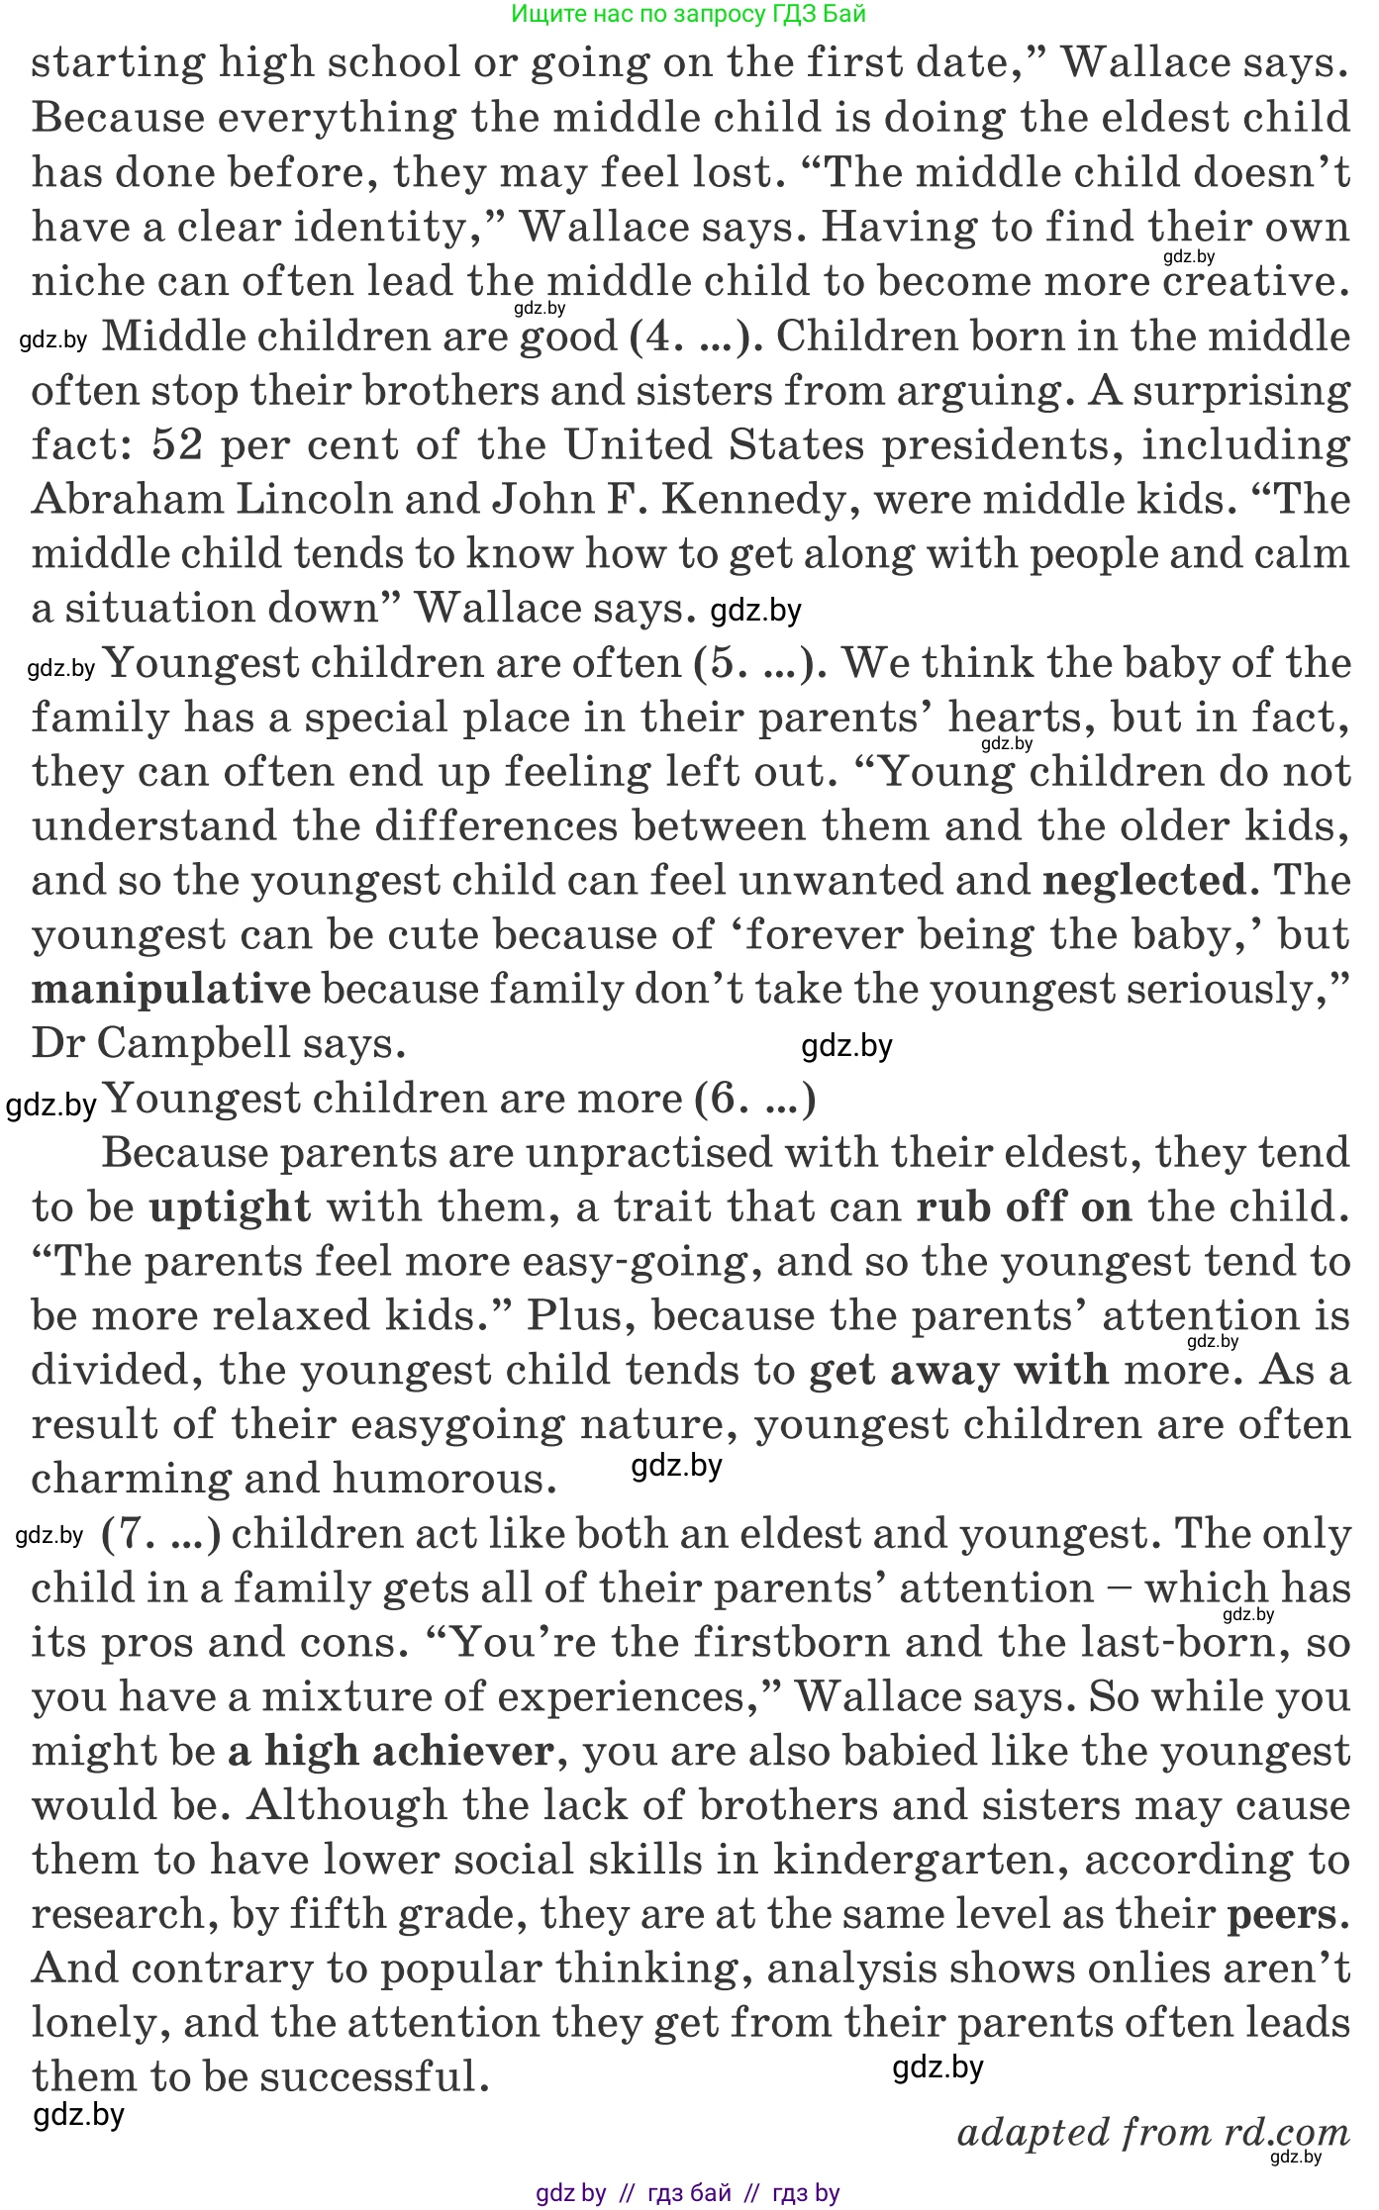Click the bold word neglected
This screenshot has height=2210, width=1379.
coord(1143,880)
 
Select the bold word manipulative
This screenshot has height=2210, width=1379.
coord(171,989)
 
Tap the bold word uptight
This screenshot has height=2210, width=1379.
coord(230,1207)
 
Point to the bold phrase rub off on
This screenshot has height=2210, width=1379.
coord(1024,1207)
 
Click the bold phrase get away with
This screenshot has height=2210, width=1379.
coord(958,1371)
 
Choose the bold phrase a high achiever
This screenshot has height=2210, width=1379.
coord(391,1751)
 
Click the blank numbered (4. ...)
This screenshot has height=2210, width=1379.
coord(695,336)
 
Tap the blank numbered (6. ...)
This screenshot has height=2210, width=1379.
coord(754,1099)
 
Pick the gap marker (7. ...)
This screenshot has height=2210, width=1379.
coord(160,1533)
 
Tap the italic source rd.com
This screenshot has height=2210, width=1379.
coord(1286,2132)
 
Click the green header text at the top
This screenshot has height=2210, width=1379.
coord(689,14)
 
